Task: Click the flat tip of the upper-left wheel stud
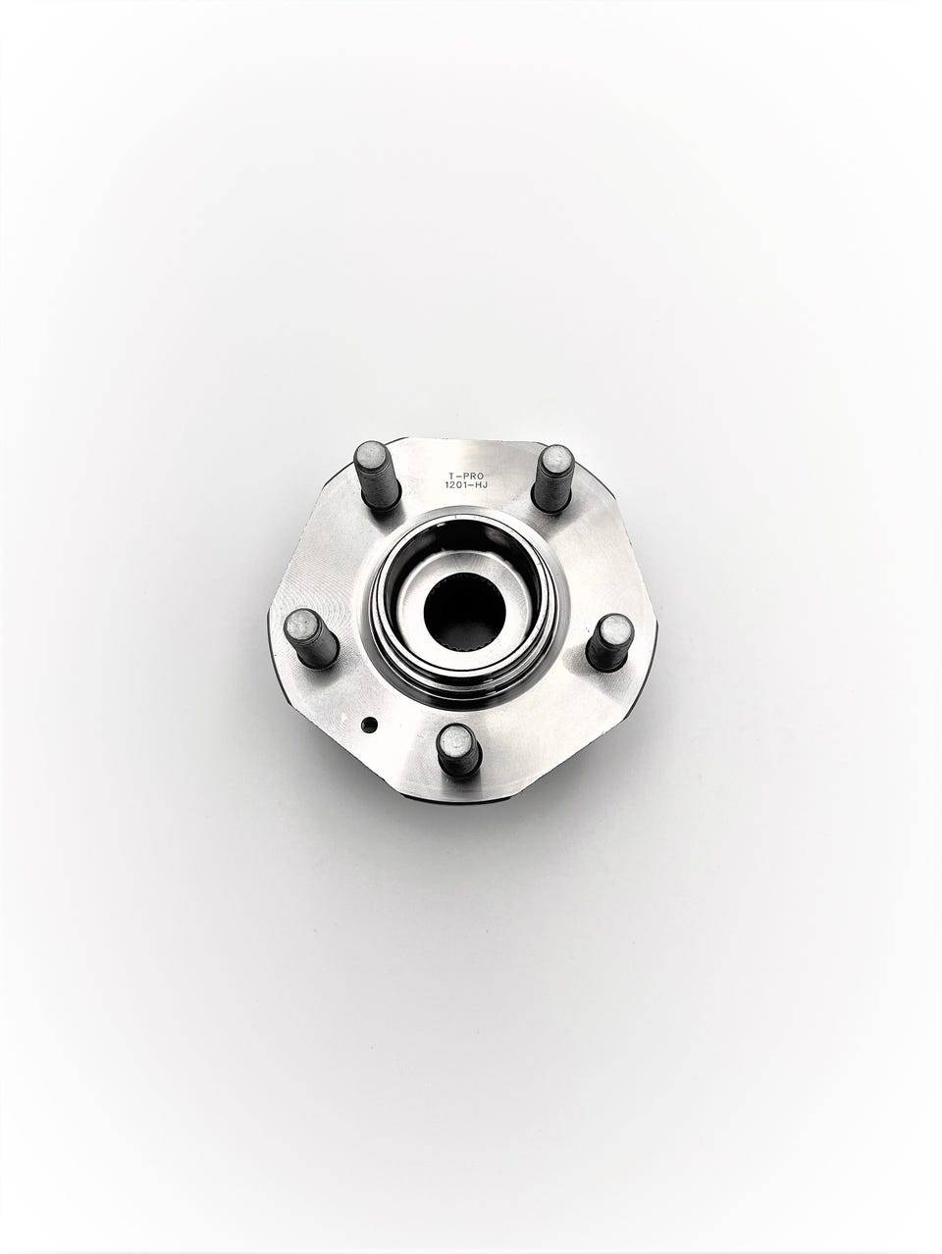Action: pyautogui.click(x=370, y=456)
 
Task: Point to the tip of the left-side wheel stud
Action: pyautogui.click(x=299, y=624)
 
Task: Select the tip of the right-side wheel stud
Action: pyautogui.click(x=617, y=629)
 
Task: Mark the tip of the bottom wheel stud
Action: pyautogui.click(x=456, y=740)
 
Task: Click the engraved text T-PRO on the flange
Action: pyautogui.click(x=466, y=475)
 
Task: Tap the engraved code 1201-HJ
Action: pyautogui.click(x=466, y=485)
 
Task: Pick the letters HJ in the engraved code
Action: pyautogui.click(x=480, y=485)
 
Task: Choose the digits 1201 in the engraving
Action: pyautogui.click(x=455, y=485)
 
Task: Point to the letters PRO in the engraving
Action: pyautogui.click(x=473, y=475)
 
